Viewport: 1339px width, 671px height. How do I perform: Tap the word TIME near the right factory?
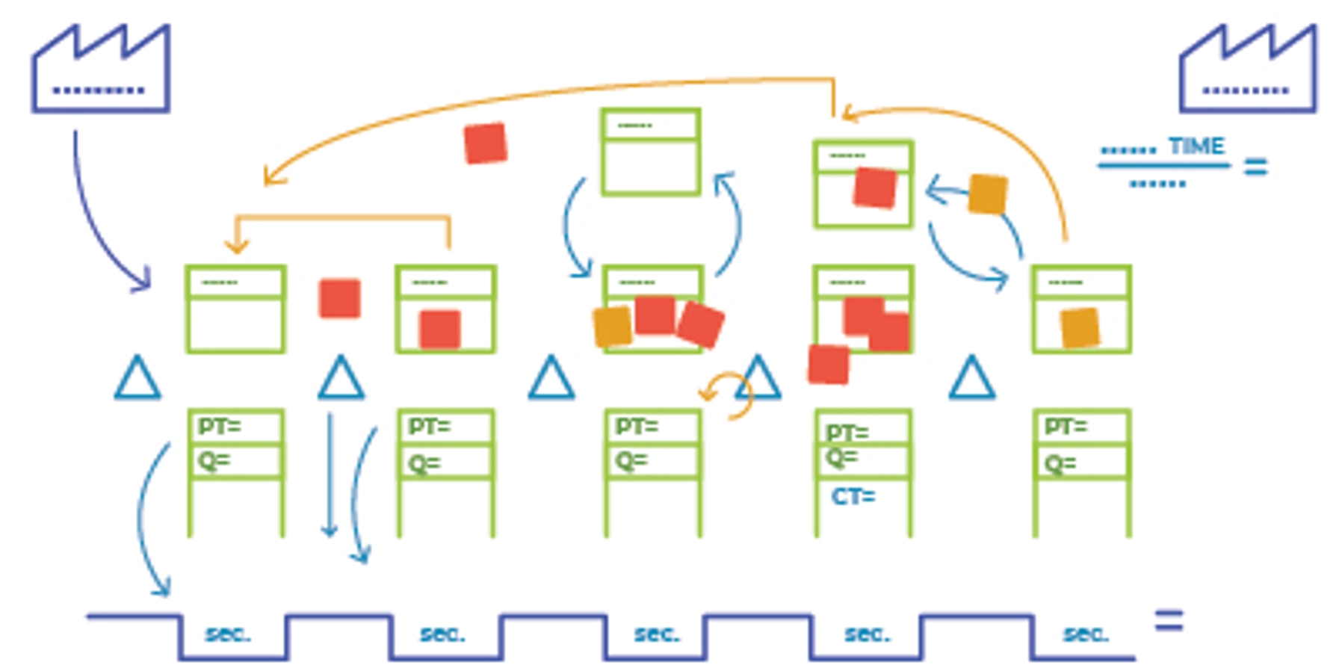coord(1196,146)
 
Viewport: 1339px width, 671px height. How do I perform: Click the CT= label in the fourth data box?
coord(853,496)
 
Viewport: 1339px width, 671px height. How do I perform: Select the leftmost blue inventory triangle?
coord(137,379)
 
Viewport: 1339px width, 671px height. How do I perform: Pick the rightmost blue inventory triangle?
coord(971,379)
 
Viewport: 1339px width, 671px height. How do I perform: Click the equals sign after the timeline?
coord(1169,621)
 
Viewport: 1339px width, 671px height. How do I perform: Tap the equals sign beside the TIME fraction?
coord(1255,166)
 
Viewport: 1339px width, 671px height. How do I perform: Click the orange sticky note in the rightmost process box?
coord(1080,327)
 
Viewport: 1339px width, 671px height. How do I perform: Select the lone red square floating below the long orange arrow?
coord(485,143)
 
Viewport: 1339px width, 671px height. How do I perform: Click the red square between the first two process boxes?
coord(339,298)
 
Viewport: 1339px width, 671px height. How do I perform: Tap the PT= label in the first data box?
coord(219,427)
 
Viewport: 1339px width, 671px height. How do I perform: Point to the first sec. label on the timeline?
coord(228,634)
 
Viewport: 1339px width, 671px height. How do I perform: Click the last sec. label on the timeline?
coord(1086,634)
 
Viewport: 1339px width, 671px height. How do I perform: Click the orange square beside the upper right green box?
coord(987,194)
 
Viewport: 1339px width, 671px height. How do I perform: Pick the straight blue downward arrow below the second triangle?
coord(329,474)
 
